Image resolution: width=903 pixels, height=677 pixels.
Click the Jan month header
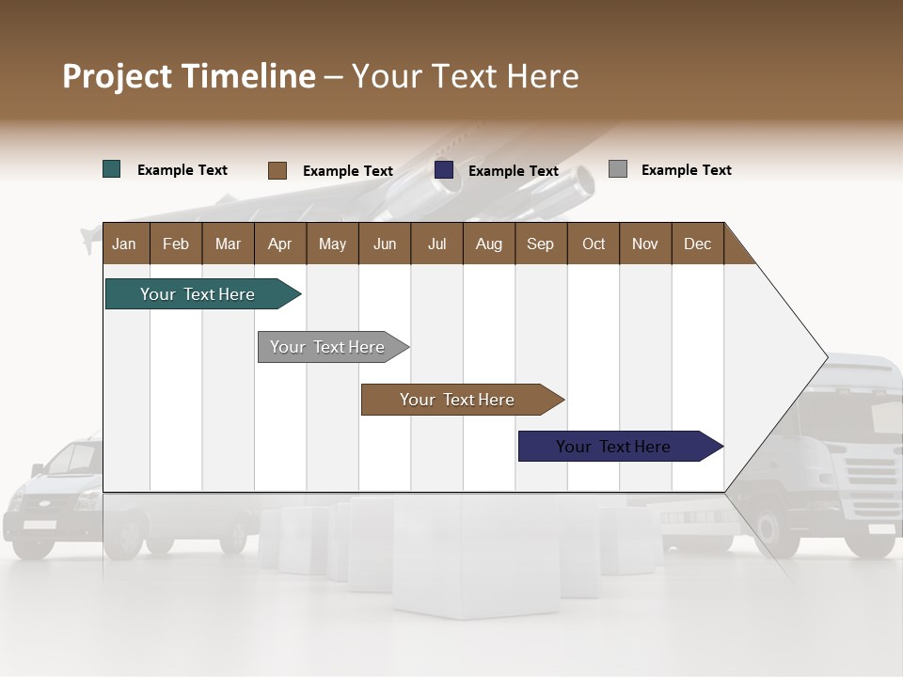[x=124, y=244]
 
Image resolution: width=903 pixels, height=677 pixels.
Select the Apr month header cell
[x=280, y=244]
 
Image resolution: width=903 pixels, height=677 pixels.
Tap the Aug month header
[x=489, y=244]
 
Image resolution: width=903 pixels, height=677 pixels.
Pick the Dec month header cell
[x=697, y=244]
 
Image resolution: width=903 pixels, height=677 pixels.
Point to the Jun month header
[x=385, y=244]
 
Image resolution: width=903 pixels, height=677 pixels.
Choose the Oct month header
[x=594, y=244]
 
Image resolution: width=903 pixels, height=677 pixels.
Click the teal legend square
[x=111, y=169]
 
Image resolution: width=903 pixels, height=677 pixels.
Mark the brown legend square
[x=277, y=170]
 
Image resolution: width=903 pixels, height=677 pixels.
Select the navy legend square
[x=444, y=170]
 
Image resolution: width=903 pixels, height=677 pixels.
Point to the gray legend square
[x=617, y=169]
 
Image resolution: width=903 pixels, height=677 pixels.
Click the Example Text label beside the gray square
[x=686, y=170]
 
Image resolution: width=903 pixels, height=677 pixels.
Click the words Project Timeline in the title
[x=188, y=76]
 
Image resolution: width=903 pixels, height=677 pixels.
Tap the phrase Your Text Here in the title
[x=466, y=76]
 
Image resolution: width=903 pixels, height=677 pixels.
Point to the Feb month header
[x=176, y=244]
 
